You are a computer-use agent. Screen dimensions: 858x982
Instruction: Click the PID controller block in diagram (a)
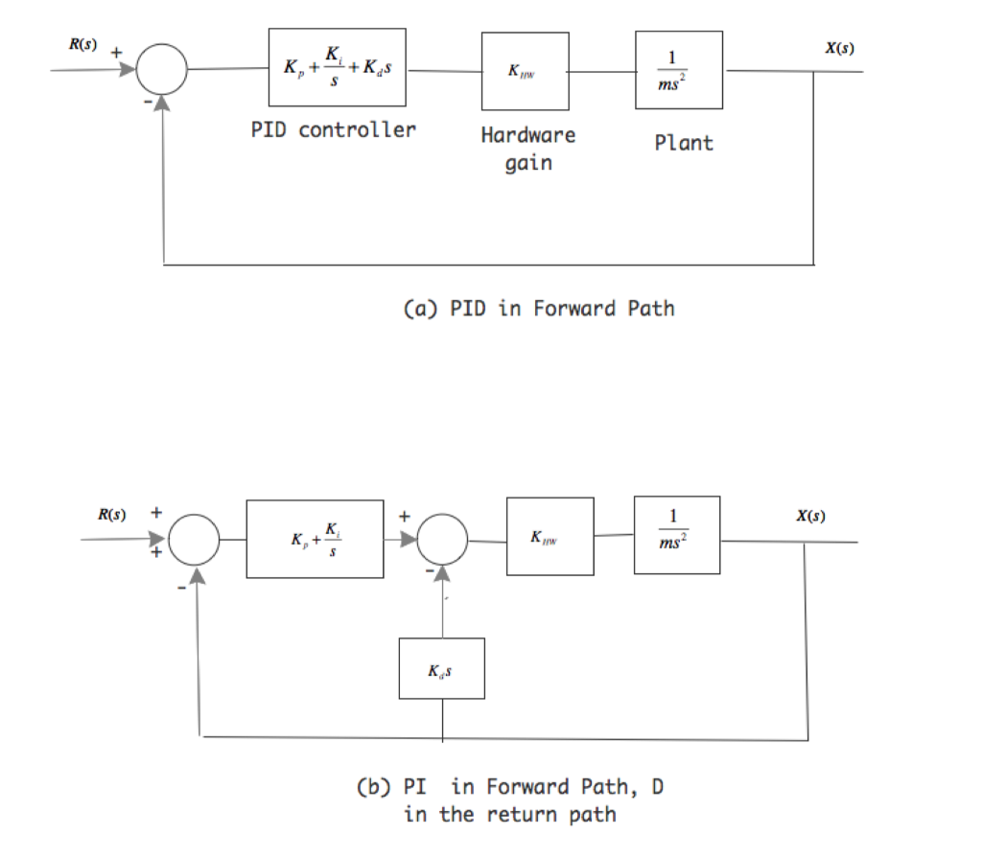(x=338, y=67)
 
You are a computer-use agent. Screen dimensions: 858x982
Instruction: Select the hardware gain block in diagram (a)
(x=526, y=71)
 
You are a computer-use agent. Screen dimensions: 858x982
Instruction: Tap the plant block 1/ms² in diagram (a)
(x=677, y=70)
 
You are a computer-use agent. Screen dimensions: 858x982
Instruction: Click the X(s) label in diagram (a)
(x=839, y=48)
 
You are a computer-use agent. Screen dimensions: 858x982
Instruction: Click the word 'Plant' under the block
(x=684, y=144)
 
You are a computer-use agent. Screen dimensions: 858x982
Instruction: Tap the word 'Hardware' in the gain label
(x=528, y=135)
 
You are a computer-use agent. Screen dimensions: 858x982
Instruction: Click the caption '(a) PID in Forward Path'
(x=536, y=309)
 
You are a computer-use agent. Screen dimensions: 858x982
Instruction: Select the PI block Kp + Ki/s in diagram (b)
(x=315, y=538)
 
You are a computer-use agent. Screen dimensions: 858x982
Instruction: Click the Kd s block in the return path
(x=441, y=668)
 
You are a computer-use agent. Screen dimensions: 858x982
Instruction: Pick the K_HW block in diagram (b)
(x=549, y=536)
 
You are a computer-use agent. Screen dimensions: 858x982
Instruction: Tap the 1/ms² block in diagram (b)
(x=676, y=535)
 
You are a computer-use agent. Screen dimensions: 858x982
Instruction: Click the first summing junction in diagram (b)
(x=199, y=540)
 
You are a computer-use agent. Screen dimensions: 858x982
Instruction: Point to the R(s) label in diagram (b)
(x=113, y=515)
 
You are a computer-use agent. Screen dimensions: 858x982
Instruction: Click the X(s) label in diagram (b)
(x=810, y=516)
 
